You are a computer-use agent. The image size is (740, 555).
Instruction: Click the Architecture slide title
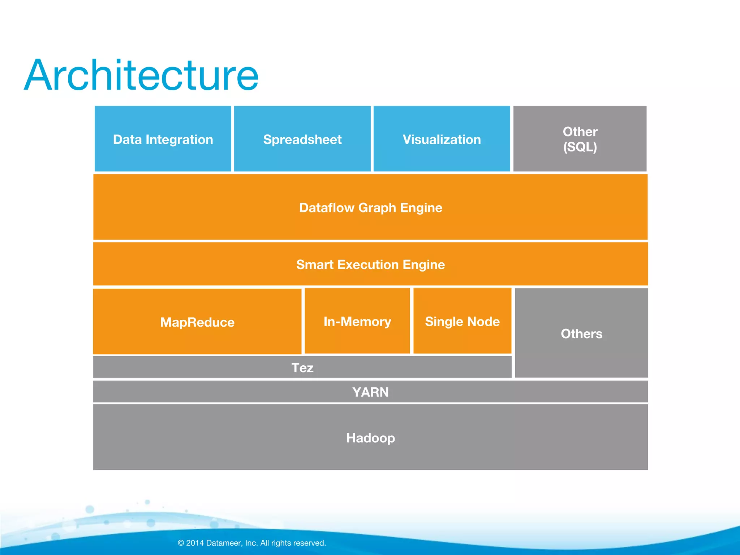141,76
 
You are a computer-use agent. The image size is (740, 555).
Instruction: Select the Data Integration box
163,139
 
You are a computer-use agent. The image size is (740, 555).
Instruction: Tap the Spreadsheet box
302,139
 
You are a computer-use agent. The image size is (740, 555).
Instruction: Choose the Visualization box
442,139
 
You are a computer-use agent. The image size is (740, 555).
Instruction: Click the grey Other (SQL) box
580,139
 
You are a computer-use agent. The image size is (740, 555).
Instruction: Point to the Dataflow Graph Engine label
370,208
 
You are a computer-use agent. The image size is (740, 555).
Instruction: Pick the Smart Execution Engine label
370,264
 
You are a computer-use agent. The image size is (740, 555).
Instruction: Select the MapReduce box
197,322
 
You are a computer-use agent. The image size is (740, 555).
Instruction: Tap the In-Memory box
357,321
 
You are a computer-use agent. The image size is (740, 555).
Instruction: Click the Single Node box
462,321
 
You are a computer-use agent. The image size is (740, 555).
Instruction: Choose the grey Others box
581,333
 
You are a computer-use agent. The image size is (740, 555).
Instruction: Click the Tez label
302,367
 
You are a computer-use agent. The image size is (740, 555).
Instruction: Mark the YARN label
370,392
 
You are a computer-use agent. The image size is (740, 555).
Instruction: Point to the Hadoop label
370,438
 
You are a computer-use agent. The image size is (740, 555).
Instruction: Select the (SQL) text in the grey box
580,147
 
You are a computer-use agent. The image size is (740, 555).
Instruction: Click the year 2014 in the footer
195,543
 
